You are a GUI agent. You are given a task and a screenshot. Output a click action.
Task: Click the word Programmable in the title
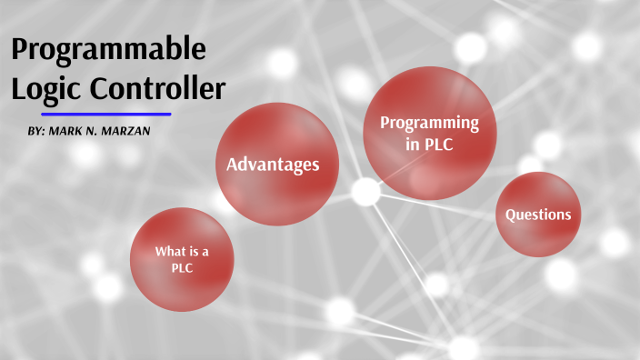pos(108,50)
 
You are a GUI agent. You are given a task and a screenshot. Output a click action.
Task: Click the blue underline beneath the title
pos(106,115)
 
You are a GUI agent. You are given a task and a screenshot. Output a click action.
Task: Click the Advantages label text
pos(272,165)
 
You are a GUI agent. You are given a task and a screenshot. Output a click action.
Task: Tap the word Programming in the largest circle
pos(429,122)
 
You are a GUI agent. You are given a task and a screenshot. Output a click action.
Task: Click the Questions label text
pos(538,215)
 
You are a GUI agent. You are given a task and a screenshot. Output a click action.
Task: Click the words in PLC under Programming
pos(429,144)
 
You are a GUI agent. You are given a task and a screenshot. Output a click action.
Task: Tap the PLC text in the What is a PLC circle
pos(182,268)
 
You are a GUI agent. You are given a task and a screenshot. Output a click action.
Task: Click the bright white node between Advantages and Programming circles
pos(365,192)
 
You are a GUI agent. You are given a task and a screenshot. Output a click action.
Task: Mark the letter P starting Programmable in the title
pos(21,50)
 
